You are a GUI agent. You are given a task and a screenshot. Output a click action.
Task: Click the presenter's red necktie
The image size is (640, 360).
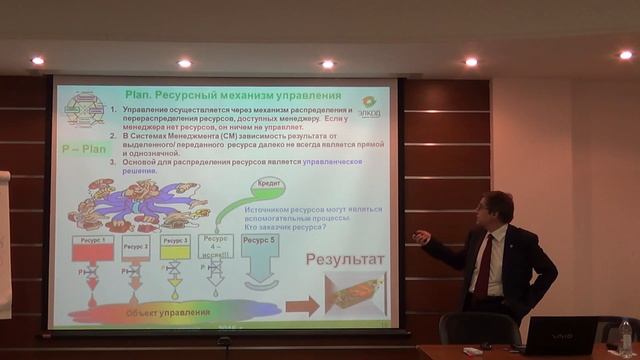[x=484, y=264]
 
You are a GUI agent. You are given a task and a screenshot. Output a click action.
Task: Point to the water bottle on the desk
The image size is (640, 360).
[x=626, y=338]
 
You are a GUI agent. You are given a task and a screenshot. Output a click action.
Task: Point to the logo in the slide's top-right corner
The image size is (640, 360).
[x=369, y=105]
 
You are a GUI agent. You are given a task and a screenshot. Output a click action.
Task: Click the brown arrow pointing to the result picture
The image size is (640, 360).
[x=298, y=303]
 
